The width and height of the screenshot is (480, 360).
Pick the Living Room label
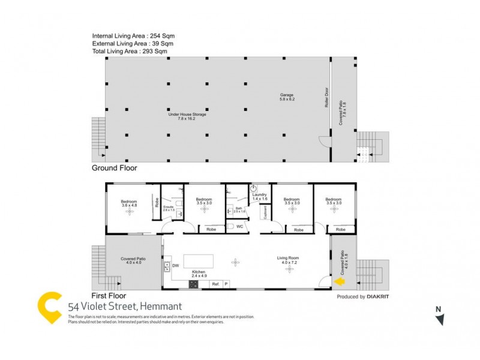(289, 260)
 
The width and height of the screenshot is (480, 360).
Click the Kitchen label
(199, 274)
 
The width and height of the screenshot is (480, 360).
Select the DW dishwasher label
(176, 266)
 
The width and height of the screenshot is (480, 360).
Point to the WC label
(239, 227)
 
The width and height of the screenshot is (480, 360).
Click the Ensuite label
(169, 208)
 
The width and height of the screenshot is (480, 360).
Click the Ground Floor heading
(115, 169)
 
